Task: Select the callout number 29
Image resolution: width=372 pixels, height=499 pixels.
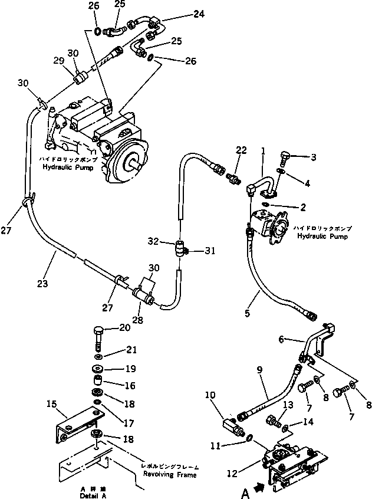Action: coord(59,61)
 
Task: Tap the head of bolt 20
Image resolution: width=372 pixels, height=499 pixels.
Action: coord(99,330)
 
